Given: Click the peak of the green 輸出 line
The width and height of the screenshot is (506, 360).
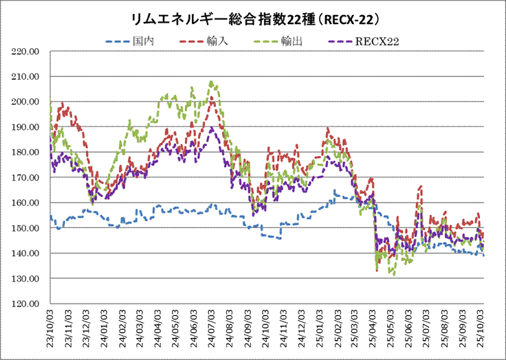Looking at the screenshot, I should (212, 82).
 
